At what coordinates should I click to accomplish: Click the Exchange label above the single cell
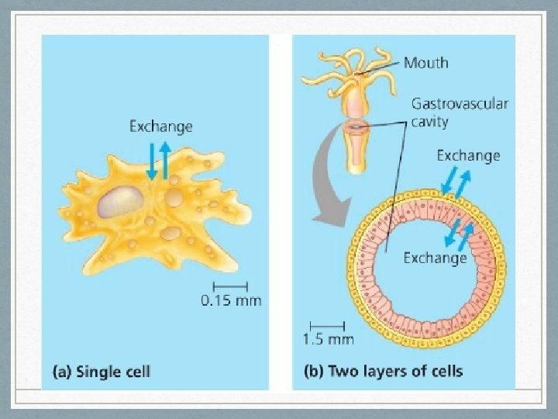(x=160, y=125)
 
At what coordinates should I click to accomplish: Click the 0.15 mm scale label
(x=231, y=300)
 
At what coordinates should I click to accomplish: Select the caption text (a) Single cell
(x=102, y=371)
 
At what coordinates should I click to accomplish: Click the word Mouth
(x=425, y=62)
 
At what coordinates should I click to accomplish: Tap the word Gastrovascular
(x=459, y=103)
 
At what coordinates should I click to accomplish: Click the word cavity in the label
(x=431, y=123)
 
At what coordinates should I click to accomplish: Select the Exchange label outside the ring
(x=468, y=155)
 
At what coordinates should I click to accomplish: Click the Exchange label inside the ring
(x=435, y=258)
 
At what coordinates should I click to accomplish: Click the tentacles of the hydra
(x=341, y=66)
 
